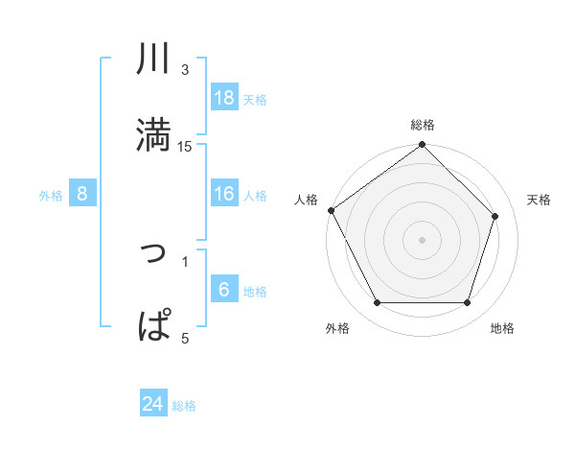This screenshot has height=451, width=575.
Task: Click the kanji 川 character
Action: pyautogui.click(x=154, y=59)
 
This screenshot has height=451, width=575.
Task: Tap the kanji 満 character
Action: pyautogui.click(x=154, y=133)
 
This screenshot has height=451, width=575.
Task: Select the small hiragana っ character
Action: pyautogui.click(x=154, y=252)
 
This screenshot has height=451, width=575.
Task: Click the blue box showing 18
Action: pyautogui.click(x=224, y=97)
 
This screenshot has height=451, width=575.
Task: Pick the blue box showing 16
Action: pyautogui.click(x=224, y=194)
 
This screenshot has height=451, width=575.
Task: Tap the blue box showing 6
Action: pyautogui.click(x=224, y=290)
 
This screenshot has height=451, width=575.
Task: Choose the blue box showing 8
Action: pyautogui.click(x=82, y=194)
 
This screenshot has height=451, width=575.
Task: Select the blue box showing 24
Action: pyautogui.click(x=153, y=404)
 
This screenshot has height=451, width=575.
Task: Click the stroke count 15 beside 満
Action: pyautogui.click(x=185, y=147)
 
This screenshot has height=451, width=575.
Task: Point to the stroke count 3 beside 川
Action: pyautogui.click(x=185, y=70)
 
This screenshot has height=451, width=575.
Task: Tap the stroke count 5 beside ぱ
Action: pyautogui.click(x=185, y=337)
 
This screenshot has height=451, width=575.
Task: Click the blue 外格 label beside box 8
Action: pyautogui.click(x=51, y=195)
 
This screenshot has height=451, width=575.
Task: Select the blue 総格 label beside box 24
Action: pyautogui.click(x=184, y=406)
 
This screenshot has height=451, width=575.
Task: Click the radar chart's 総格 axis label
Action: pyautogui.click(x=423, y=125)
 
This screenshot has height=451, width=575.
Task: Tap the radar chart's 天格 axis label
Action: pyautogui.click(x=540, y=200)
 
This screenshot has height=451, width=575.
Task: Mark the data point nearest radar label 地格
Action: pyautogui.click(x=467, y=303)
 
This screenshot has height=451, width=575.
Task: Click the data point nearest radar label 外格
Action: pyautogui.click(x=378, y=303)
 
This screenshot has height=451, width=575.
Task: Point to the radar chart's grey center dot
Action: pyautogui.click(x=422, y=239)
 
